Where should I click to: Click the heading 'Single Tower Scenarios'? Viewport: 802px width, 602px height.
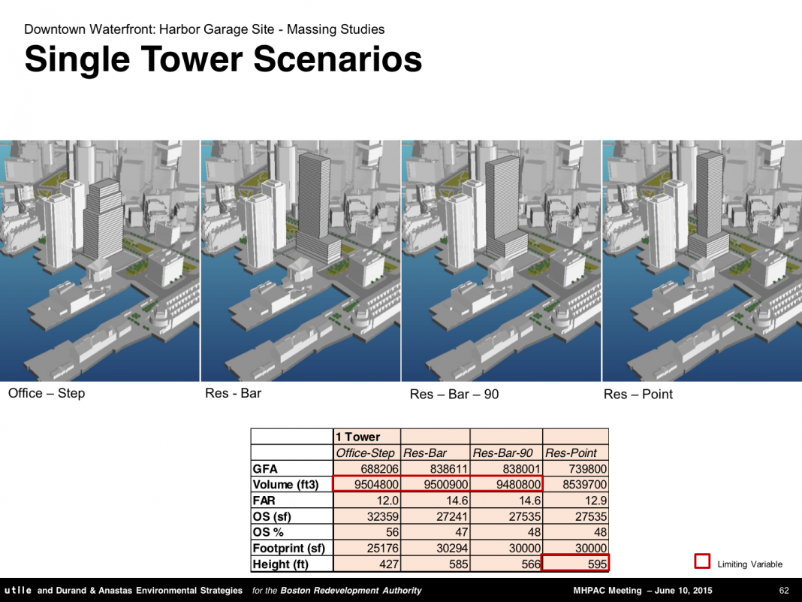pyautogui.click(x=223, y=59)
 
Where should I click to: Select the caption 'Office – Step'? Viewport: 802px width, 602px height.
pyautogui.click(x=47, y=393)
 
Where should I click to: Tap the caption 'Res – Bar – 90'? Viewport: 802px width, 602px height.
pyautogui.click(x=454, y=394)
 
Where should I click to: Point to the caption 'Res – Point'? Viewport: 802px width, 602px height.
pyautogui.click(x=638, y=394)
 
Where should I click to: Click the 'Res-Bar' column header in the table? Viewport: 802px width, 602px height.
pyautogui.click(x=425, y=453)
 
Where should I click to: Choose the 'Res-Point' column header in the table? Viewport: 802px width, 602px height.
pyautogui.click(x=571, y=453)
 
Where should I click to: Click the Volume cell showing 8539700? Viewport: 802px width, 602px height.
pyautogui.click(x=585, y=484)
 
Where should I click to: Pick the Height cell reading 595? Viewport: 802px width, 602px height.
pyautogui.click(x=597, y=564)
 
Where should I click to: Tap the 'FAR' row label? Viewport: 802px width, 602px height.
pyautogui.click(x=264, y=500)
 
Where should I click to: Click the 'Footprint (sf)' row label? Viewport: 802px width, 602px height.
pyautogui.click(x=288, y=548)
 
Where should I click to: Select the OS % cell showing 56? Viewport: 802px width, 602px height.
pyautogui.click(x=392, y=532)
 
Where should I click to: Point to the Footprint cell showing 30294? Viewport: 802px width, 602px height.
pyautogui.click(x=452, y=548)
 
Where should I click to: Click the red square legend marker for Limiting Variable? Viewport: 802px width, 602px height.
pyautogui.click(x=702, y=561)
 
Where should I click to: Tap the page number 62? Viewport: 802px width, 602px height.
pyautogui.click(x=783, y=590)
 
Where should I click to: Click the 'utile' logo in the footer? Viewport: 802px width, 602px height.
pyautogui.click(x=17, y=590)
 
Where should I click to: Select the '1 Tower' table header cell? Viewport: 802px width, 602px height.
pyautogui.click(x=358, y=437)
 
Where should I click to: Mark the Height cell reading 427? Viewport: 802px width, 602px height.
pyautogui.click(x=389, y=564)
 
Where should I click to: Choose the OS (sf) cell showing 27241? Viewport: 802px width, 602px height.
pyautogui.click(x=452, y=516)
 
